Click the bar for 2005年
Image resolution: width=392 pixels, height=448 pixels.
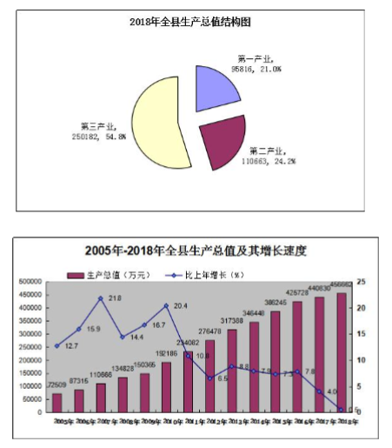(57, 402)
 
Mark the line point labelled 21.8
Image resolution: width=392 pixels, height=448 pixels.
(101, 298)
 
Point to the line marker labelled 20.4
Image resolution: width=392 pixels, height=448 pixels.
(166, 305)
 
